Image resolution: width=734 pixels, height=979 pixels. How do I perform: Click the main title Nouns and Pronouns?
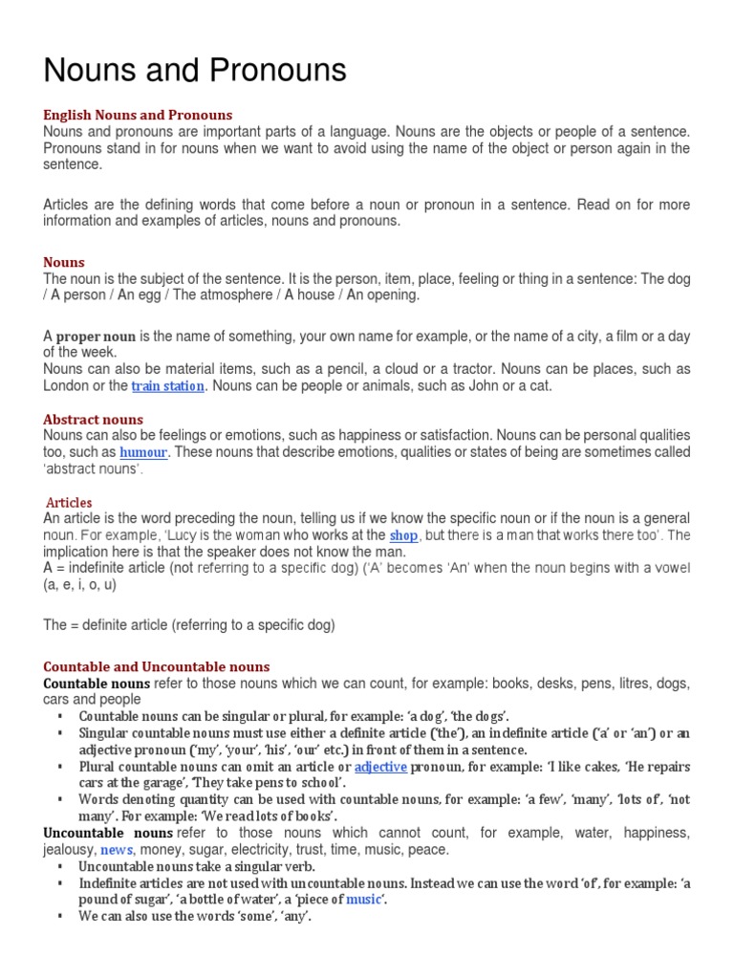195,72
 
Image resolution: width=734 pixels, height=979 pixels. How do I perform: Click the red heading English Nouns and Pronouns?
138,116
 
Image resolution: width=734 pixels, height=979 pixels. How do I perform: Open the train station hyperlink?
168,386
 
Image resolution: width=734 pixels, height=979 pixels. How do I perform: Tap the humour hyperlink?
143,451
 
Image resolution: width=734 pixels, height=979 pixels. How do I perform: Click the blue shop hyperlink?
403,535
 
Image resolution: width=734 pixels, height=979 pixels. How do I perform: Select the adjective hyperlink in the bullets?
380,767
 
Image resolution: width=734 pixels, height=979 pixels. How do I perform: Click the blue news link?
117,849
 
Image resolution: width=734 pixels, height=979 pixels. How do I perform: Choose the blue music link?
362,900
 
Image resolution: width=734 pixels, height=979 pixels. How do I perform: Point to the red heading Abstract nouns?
93,420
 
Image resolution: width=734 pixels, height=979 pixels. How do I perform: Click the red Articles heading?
70,502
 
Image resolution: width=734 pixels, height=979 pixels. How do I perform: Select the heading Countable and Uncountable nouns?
157,666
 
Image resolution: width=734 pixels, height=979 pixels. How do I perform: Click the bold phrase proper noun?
96,337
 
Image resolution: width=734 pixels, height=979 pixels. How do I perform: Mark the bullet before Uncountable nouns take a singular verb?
59,866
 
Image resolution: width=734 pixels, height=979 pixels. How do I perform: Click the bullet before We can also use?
59,916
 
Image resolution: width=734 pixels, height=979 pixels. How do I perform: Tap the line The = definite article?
189,625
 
